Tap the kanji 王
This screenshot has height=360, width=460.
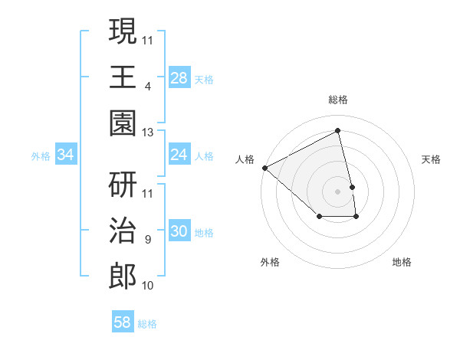coord(123,77)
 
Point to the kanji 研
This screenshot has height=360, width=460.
coord(123,185)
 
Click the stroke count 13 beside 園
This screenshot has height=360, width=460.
coord(148,133)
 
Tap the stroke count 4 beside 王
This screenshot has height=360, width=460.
coord(148,87)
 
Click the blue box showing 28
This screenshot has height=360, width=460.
coord(179,77)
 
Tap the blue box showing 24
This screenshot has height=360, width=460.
coord(179,155)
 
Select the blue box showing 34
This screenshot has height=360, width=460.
coord(65,155)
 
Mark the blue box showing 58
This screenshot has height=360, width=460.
coord(122,322)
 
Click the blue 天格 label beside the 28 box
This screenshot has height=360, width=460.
coord(204,79)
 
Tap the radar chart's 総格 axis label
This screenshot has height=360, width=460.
coord(338,100)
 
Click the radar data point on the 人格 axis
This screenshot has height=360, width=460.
coord(264,168)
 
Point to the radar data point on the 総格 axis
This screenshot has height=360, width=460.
coord(338,131)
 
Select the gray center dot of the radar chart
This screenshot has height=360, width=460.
coord(338,191)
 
